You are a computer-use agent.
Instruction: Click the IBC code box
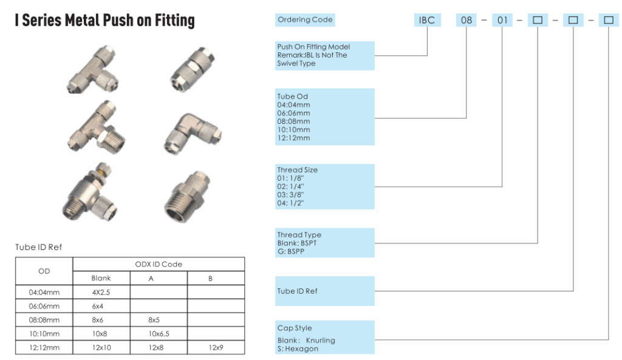point(427,20)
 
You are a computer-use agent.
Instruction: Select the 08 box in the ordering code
point(466,20)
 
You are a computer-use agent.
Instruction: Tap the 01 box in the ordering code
point(502,20)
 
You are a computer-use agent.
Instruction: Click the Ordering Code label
point(305,20)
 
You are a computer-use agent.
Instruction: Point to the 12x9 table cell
point(216,348)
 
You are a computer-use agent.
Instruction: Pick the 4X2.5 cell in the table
point(101,292)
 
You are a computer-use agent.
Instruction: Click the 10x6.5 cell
point(159,334)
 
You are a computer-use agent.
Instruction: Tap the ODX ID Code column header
point(158,264)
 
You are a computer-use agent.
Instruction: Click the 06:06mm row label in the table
point(44,306)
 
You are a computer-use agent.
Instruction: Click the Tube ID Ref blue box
point(325,291)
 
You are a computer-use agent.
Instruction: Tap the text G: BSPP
point(291,251)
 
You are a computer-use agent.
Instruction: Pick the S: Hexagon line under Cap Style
point(298,348)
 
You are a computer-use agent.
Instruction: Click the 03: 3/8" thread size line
point(290,195)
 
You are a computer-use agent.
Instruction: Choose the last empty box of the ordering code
point(608,20)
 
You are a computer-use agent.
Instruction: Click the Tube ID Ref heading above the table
point(39,247)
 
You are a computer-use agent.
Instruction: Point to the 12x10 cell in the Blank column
point(101,348)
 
